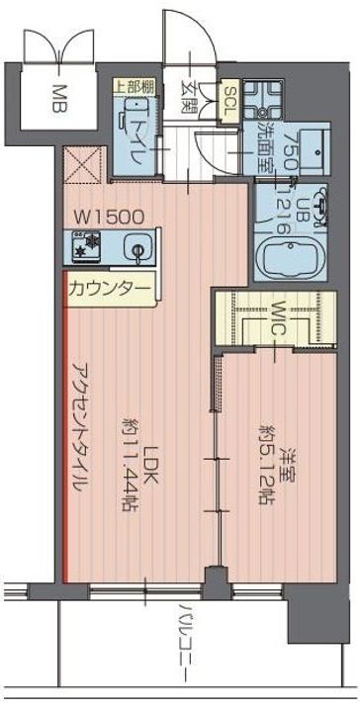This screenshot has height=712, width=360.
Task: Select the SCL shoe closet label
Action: [227, 100]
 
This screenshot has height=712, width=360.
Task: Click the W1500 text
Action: [110, 215]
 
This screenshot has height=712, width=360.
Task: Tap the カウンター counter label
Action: [111, 289]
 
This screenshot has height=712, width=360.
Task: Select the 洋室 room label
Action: [289, 465]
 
